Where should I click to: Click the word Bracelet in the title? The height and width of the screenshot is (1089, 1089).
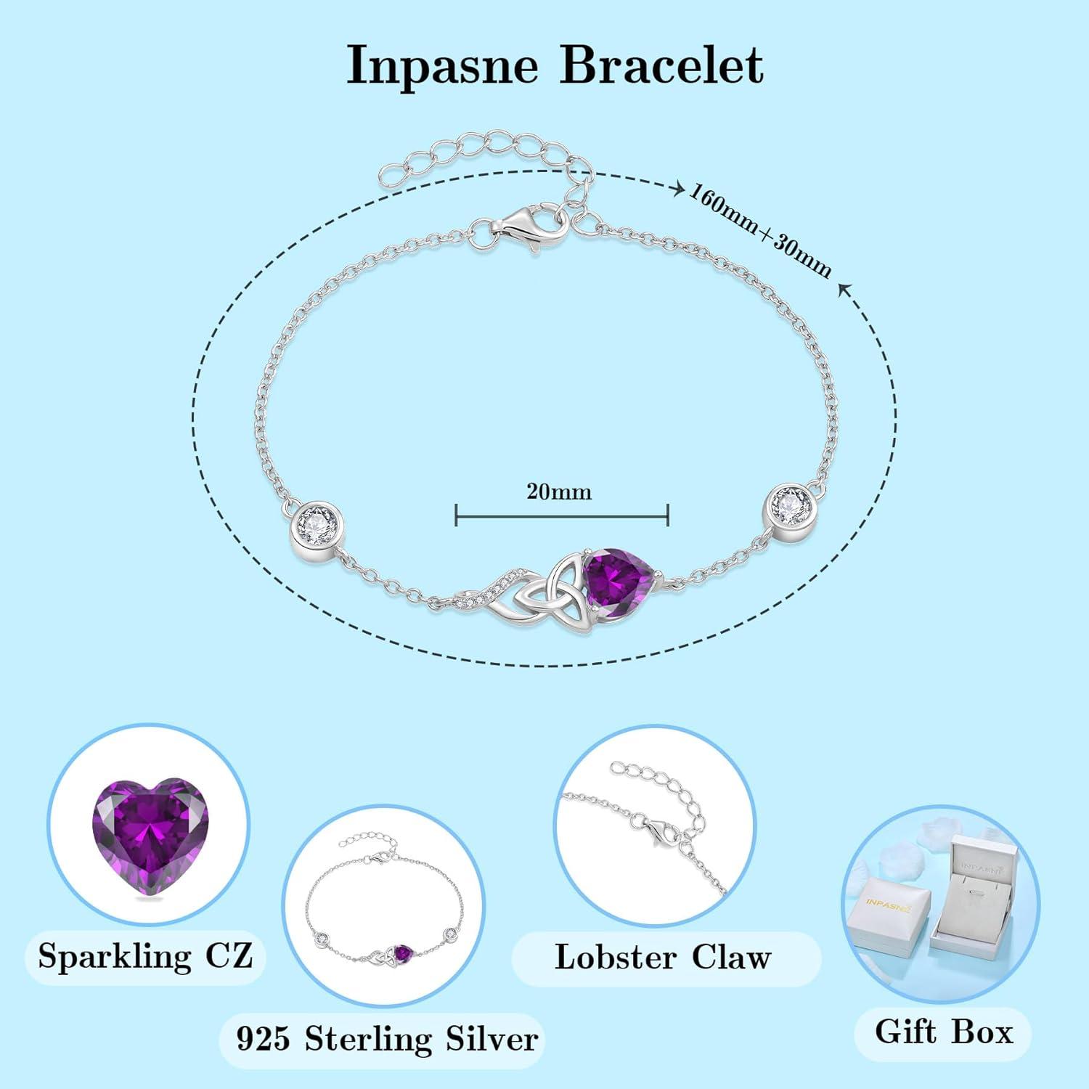[x=661, y=65]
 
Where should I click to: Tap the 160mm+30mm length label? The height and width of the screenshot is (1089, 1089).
[x=760, y=230]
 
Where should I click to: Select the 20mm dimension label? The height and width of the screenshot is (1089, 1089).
[x=559, y=492]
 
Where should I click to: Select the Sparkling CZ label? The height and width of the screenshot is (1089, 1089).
[x=145, y=955]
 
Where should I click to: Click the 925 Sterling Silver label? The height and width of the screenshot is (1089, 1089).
[x=387, y=1039]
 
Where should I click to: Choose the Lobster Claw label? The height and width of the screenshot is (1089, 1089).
[x=662, y=957]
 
